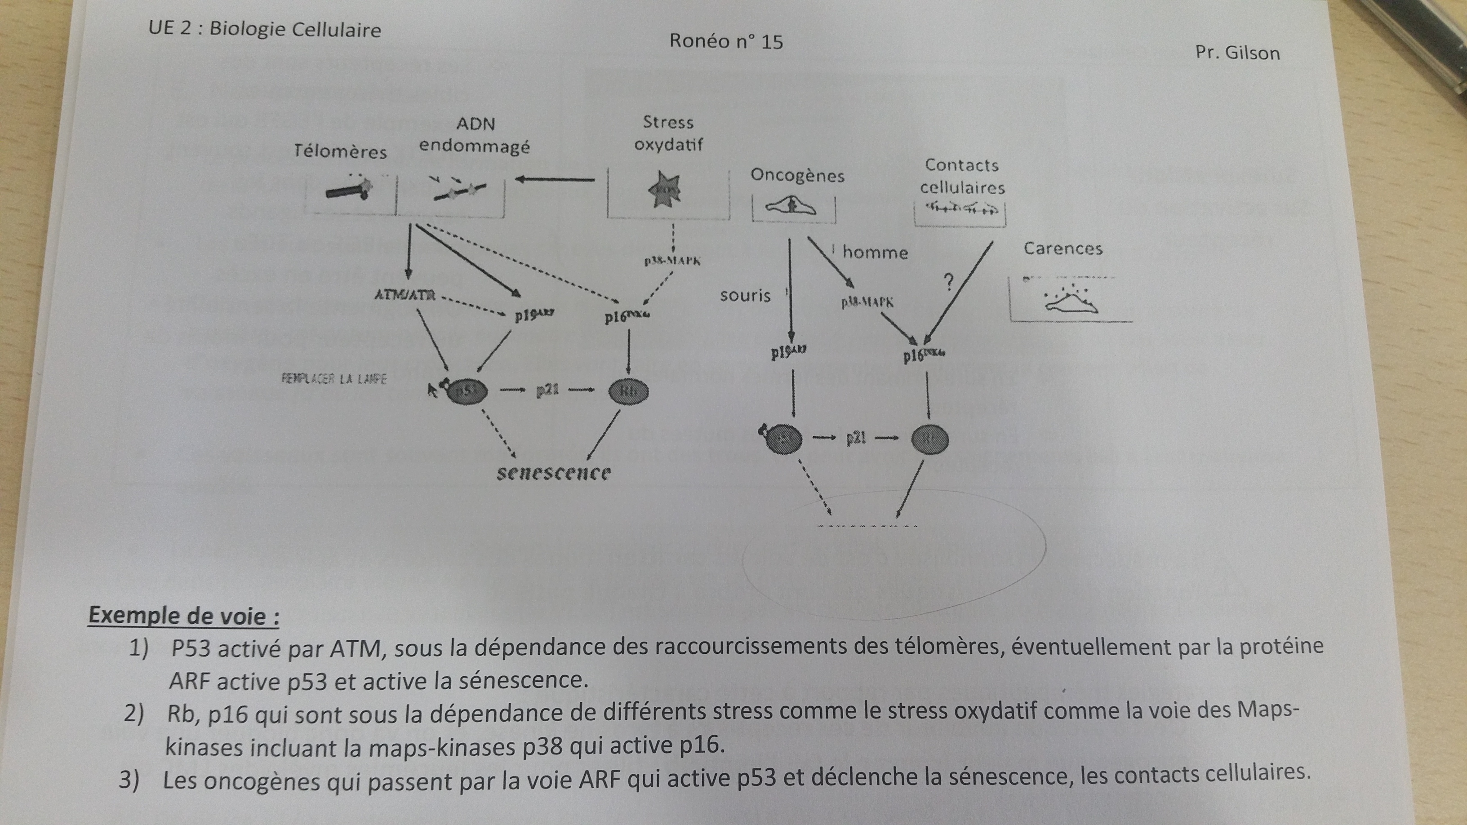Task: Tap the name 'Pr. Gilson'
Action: (x=1237, y=53)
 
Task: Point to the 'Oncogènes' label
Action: (x=797, y=175)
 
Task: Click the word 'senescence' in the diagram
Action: (x=554, y=473)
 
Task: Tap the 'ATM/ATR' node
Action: (x=405, y=295)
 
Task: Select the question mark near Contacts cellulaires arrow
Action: (x=948, y=282)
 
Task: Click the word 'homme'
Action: (x=875, y=252)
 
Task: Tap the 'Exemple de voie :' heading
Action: (x=184, y=616)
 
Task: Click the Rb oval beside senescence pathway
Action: (x=628, y=391)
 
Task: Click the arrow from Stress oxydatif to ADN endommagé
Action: (x=555, y=180)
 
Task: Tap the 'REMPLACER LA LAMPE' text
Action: (x=334, y=379)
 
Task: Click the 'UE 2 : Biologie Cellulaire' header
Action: (x=265, y=28)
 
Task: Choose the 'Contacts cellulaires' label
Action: (x=962, y=176)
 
